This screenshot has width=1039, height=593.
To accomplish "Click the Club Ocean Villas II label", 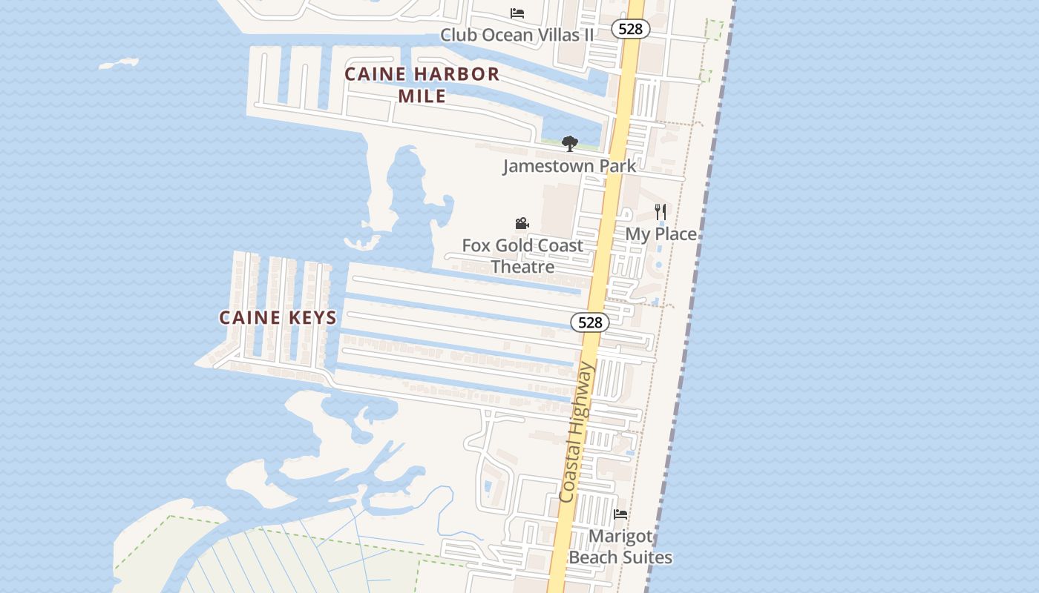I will coord(517,35).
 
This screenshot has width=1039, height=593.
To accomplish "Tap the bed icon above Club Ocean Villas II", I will coord(517,13).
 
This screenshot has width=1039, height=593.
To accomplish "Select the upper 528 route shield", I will coord(631,29).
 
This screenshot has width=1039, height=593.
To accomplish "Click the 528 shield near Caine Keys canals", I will coord(590,322).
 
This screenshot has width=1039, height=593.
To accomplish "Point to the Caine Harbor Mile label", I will coord(422,85).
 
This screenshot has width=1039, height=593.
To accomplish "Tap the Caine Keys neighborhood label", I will coord(278,318).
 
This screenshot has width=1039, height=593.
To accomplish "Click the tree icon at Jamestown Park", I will coord(569,143).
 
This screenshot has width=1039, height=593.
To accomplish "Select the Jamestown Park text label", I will coord(569,165).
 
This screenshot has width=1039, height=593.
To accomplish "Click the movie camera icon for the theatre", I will coord(522,223).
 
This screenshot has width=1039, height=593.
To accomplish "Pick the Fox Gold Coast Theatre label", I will coord(522,256).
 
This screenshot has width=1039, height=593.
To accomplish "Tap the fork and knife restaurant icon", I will coord(661,212).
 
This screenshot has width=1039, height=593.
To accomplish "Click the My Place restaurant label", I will coord(661,234).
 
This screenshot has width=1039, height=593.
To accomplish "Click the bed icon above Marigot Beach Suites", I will coord(620,514).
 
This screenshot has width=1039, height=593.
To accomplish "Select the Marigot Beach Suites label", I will coord(620,546).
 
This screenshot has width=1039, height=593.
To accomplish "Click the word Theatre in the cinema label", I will coord(522,267).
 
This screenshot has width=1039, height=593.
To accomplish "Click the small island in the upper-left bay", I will coord(119,64).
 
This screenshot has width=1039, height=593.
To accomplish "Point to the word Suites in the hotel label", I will coord(647,557).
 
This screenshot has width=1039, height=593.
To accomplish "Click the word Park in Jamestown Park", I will coord(617,165).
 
